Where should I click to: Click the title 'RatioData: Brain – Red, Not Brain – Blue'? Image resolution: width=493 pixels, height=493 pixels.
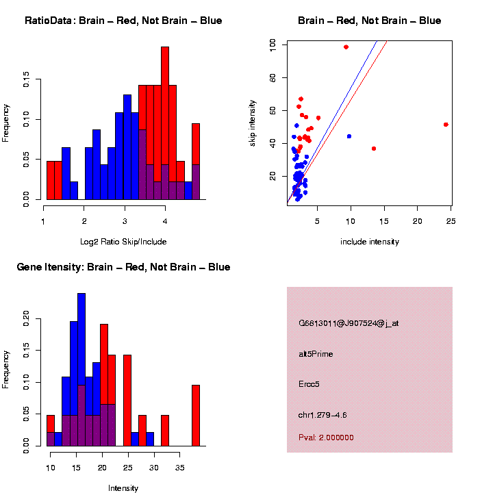tap(123, 21)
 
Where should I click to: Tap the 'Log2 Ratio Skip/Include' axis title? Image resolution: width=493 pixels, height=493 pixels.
tap(123, 241)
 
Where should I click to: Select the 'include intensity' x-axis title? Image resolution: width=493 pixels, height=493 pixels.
tap(369, 242)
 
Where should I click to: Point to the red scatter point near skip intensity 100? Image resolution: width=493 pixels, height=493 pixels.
tap(346, 47)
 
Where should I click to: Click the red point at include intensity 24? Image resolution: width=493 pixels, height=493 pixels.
tap(446, 125)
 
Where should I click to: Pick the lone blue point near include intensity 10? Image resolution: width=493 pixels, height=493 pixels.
tap(349, 136)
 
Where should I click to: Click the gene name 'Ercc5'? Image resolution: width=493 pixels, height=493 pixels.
tap(309, 384)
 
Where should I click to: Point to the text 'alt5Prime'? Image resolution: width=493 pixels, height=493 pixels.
tap(316, 354)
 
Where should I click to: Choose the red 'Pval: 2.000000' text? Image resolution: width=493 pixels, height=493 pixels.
tap(326, 438)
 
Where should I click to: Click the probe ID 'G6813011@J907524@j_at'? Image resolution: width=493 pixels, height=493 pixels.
tap(348, 323)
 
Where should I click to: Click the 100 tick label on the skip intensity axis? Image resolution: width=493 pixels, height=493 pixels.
tap(273, 44)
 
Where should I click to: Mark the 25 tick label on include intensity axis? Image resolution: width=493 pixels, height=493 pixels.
tap(451, 220)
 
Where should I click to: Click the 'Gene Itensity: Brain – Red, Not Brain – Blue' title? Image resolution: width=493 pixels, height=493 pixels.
tap(123, 267)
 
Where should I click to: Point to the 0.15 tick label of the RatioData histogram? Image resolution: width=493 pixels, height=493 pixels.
tap(27, 81)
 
